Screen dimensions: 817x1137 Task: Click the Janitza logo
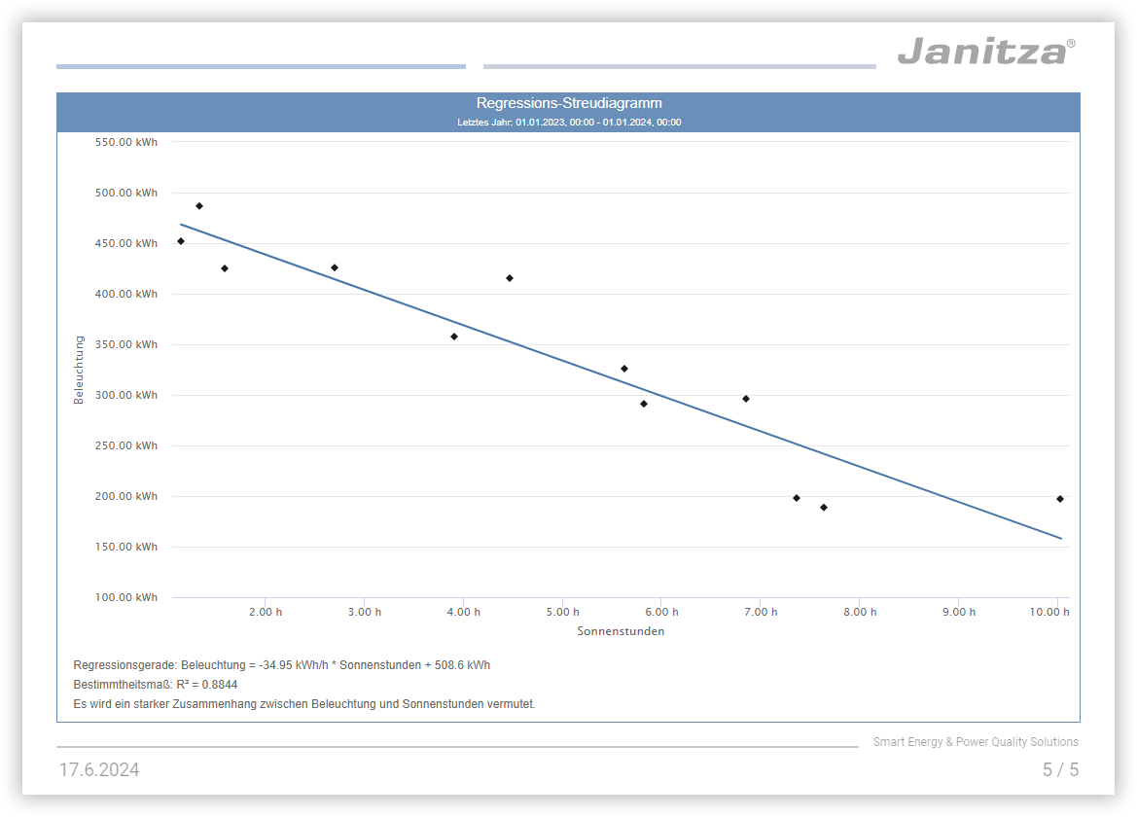click(984, 51)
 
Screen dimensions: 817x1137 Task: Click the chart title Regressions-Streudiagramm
click(569, 103)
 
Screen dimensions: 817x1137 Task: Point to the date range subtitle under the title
click(569, 123)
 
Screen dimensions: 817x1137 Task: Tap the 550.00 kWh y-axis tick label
click(126, 142)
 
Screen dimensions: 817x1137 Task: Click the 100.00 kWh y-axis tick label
click(126, 597)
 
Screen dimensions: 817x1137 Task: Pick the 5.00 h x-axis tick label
click(562, 612)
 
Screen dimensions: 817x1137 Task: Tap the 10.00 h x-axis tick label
click(1049, 612)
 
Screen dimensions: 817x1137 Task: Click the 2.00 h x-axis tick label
click(266, 612)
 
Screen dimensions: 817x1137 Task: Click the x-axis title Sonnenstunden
click(621, 631)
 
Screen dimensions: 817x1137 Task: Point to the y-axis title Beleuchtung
click(80, 370)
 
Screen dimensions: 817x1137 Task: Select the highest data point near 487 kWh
click(199, 206)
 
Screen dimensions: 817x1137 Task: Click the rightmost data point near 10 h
click(1060, 499)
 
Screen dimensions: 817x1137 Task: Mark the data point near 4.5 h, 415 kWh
click(510, 278)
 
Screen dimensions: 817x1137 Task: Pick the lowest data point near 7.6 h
click(824, 508)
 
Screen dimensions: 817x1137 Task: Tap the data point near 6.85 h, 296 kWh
click(746, 399)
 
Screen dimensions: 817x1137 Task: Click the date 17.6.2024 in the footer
click(99, 770)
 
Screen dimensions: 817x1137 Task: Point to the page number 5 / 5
click(1060, 770)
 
